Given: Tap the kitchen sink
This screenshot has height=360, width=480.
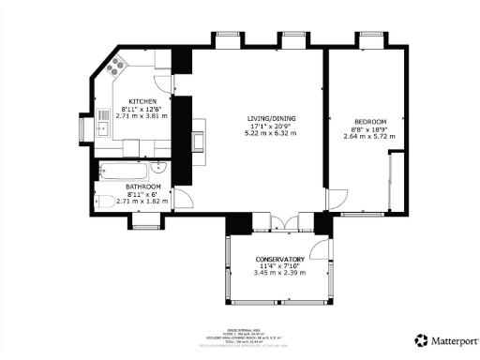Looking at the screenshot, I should pos(102,127).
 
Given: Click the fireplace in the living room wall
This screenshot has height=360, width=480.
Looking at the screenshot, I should pos(199,141).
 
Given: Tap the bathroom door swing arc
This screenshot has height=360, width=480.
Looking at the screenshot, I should pos(186,199).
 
